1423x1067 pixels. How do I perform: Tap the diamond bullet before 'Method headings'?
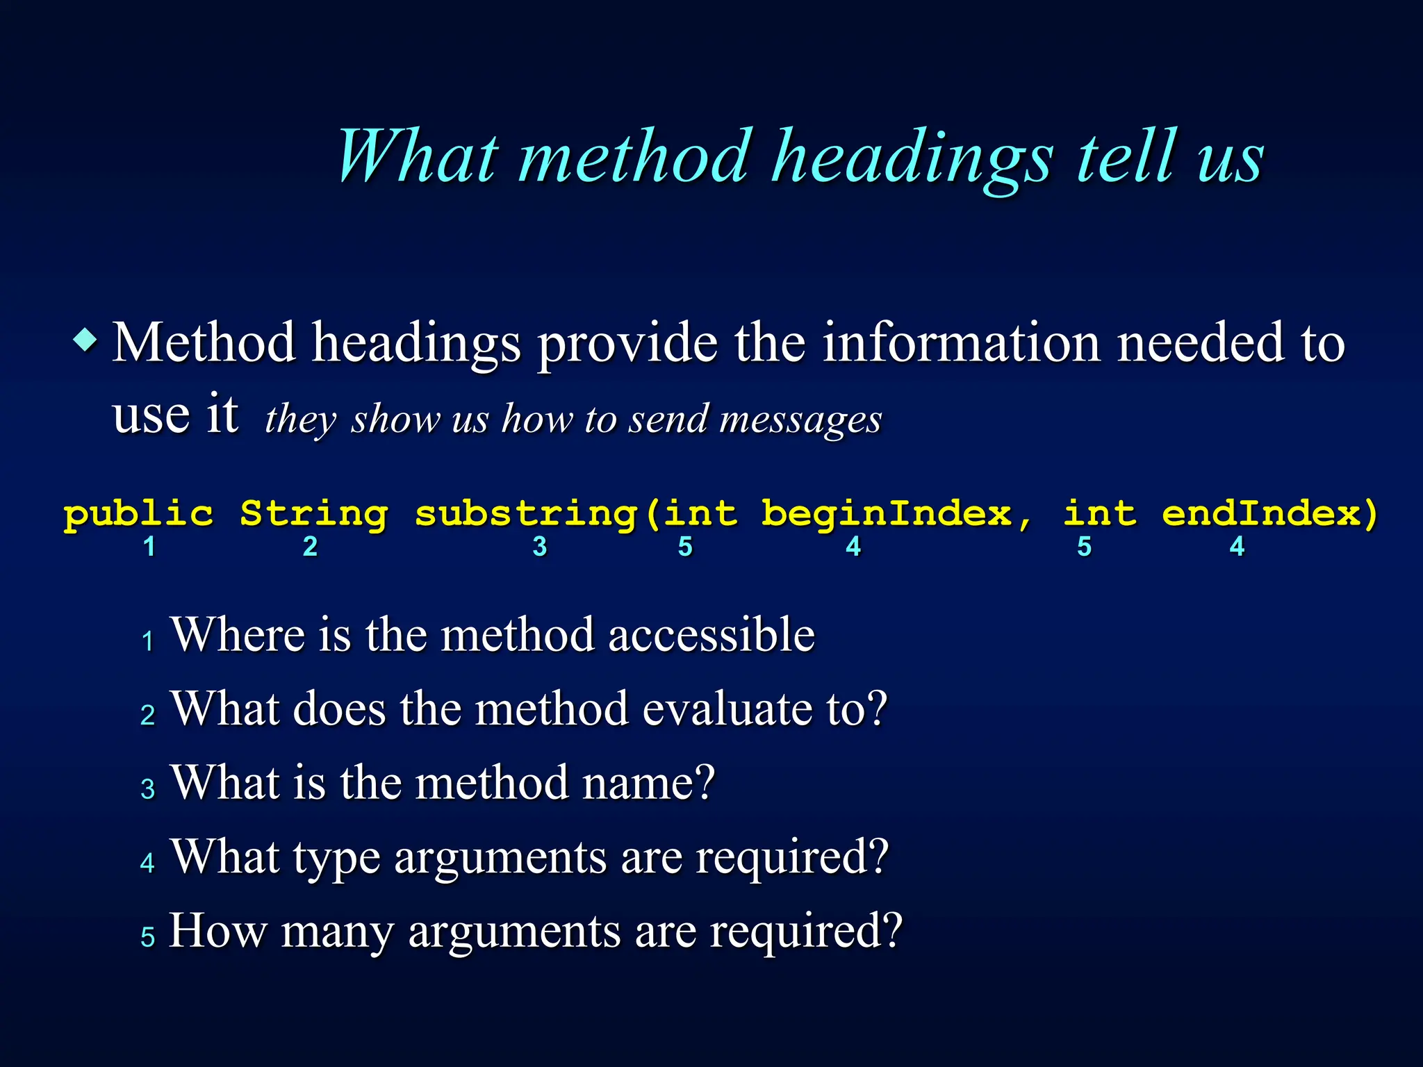85,340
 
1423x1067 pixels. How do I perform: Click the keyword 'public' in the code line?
138,515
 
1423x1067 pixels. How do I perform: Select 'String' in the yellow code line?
313,515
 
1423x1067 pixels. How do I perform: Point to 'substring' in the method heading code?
525,515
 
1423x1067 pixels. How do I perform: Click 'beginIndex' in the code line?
887,514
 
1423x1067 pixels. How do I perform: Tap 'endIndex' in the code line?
1261,514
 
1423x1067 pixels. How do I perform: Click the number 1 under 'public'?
149,547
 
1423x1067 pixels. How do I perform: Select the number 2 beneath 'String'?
310,547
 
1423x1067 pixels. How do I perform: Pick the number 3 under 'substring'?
540,547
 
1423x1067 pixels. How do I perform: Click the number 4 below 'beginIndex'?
853,547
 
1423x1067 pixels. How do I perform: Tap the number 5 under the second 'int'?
1084,547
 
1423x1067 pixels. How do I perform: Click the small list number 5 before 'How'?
147,937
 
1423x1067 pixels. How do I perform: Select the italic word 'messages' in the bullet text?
800,420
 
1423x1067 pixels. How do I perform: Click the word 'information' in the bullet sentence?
961,342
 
